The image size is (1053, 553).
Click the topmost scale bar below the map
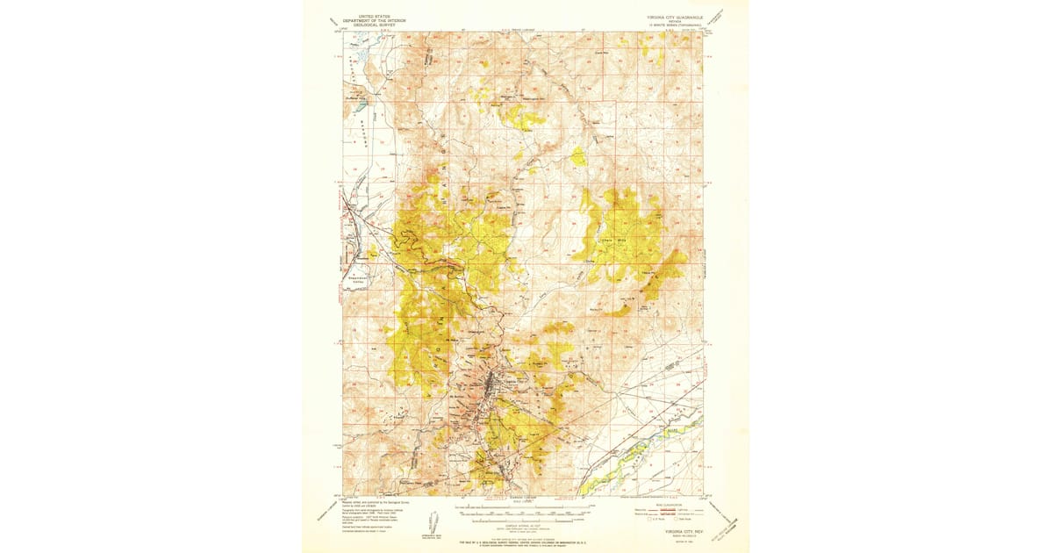point(526,506)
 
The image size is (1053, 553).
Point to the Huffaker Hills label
point(358,99)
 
